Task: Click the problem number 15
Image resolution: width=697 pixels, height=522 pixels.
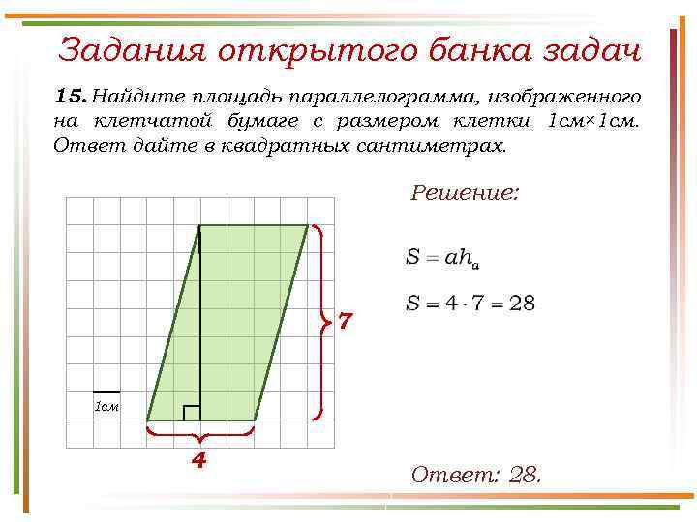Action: tap(71, 97)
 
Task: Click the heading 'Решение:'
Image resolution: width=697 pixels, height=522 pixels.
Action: tap(465, 192)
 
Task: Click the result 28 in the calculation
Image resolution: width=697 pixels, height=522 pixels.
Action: tap(521, 304)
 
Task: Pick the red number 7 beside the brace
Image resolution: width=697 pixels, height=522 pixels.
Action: tap(347, 321)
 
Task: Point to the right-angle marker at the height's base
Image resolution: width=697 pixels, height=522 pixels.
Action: tap(192, 413)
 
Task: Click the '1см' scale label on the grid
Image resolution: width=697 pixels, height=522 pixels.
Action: tap(106, 406)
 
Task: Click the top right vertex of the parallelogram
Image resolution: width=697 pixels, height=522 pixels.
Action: tap(307, 225)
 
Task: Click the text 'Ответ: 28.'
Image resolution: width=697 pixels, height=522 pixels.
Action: tap(476, 475)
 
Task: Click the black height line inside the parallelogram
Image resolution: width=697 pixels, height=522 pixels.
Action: tap(199, 319)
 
